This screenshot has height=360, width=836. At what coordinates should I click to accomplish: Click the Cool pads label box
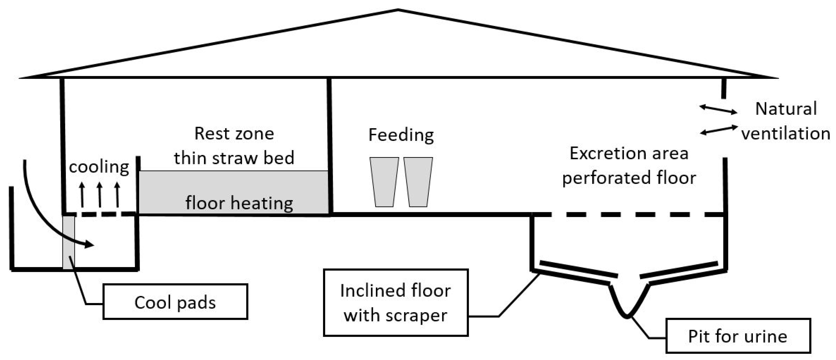click(x=175, y=302)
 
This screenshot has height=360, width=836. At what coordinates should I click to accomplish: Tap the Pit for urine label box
click(x=738, y=336)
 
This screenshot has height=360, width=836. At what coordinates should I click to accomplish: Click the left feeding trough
click(x=384, y=182)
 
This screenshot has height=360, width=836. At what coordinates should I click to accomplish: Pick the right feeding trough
click(x=418, y=182)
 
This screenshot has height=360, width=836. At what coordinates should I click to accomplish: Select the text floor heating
click(x=239, y=203)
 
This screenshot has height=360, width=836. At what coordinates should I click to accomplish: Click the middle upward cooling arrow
click(x=100, y=195)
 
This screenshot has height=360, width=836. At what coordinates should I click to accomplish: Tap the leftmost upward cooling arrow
click(x=82, y=195)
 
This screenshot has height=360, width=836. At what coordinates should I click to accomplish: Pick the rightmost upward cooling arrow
click(x=117, y=195)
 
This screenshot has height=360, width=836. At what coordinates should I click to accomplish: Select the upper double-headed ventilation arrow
click(x=718, y=109)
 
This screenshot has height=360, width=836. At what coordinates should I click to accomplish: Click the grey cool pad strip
click(x=68, y=242)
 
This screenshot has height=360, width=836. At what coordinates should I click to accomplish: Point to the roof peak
click(x=398, y=10)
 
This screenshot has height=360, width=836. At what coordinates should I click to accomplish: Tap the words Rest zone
click(x=234, y=133)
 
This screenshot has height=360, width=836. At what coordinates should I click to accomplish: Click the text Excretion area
click(x=629, y=153)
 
